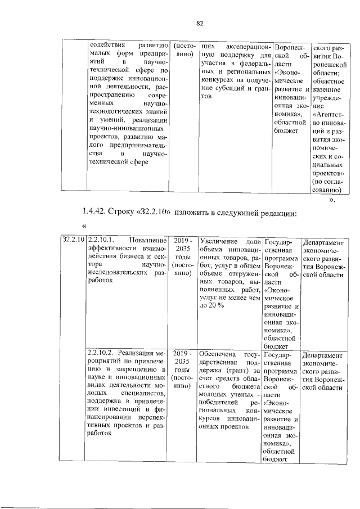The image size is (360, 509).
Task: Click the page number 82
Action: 199,23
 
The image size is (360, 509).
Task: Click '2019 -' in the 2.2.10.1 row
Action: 183,240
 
